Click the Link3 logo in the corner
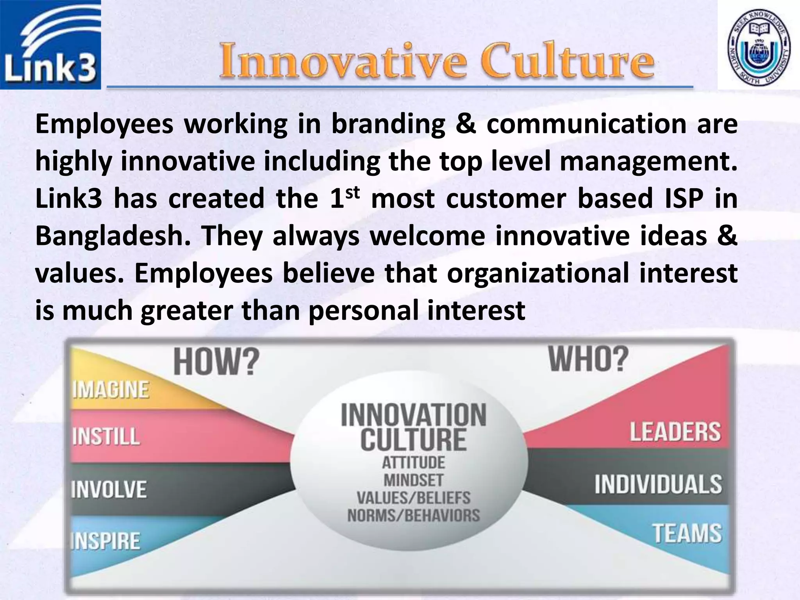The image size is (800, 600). click(x=50, y=45)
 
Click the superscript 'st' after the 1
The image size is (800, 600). click(x=352, y=192)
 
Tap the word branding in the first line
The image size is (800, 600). click(x=388, y=124)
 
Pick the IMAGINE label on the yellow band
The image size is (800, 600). click(x=111, y=389)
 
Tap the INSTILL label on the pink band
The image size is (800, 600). click(x=106, y=436)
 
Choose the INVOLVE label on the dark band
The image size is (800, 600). click(x=109, y=489)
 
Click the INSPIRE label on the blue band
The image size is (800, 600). click(x=105, y=541)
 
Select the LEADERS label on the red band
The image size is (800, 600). click(x=675, y=432)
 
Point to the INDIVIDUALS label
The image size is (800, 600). click(x=658, y=484)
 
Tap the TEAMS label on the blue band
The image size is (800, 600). click(x=687, y=533)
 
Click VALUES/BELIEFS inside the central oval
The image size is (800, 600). click(x=413, y=498)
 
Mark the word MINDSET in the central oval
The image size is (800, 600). click(x=413, y=480)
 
